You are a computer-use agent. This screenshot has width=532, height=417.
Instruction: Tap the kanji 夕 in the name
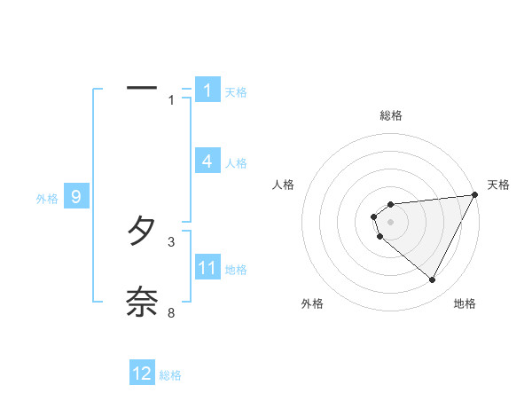click(142, 232)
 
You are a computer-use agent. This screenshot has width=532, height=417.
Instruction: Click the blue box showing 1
click(207, 90)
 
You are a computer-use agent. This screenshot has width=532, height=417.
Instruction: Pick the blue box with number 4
click(207, 161)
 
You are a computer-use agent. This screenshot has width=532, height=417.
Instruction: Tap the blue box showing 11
click(207, 268)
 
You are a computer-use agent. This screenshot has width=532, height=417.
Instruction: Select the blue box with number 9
click(77, 197)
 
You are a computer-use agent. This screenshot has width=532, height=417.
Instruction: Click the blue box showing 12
click(143, 374)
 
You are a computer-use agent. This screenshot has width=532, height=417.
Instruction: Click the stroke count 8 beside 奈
click(171, 313)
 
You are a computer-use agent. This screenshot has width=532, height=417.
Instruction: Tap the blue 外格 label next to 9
click(47, 199)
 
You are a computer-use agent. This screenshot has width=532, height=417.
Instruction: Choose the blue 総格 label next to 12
click(170, 375)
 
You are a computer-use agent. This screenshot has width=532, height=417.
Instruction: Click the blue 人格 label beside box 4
click(236, 163)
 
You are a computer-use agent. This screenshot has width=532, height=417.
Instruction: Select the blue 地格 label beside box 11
click(236, 270)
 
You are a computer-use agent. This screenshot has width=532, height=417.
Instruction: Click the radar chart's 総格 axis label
click(391, 115)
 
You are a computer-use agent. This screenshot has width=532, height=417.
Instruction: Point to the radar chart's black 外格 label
click(312, 304)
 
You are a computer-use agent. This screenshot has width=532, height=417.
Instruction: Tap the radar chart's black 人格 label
click(284, 185)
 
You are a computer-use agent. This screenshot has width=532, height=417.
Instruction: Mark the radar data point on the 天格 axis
click(475, 195)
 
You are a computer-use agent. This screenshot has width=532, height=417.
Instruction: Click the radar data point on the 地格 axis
click(433, 280)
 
